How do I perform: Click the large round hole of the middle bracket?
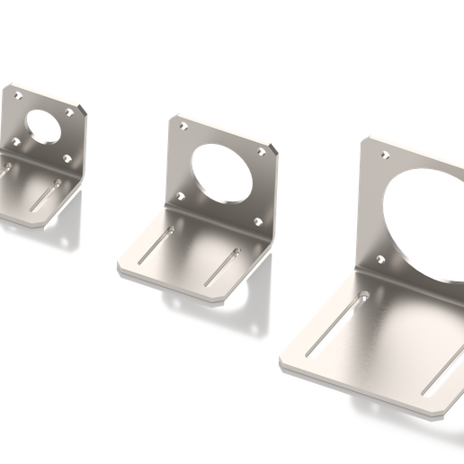(x=219, y=173)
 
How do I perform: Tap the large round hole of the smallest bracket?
(x=41, y=124)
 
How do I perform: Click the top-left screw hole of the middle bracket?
(x=185, y=128)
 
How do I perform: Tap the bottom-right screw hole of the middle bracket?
(x=258, y=221)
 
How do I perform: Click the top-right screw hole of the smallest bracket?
(x=72, y=113)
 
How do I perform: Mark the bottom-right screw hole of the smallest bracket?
(x=68, y=157)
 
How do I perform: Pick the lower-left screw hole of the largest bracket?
(x=379, y=261)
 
